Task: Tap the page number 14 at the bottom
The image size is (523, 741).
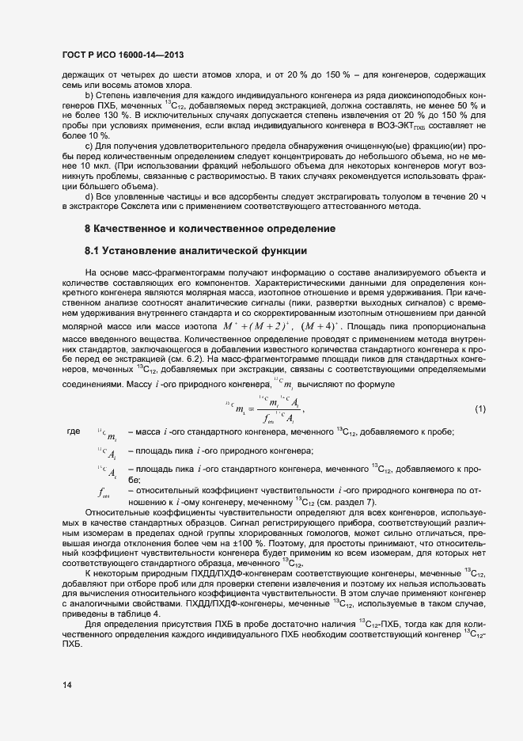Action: (67, 685)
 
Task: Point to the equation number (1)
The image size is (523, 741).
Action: (479, 409)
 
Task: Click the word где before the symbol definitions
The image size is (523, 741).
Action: (74, 431)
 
